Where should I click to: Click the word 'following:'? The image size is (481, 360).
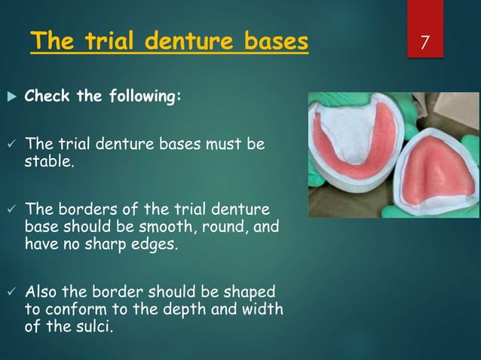[144, 97]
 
